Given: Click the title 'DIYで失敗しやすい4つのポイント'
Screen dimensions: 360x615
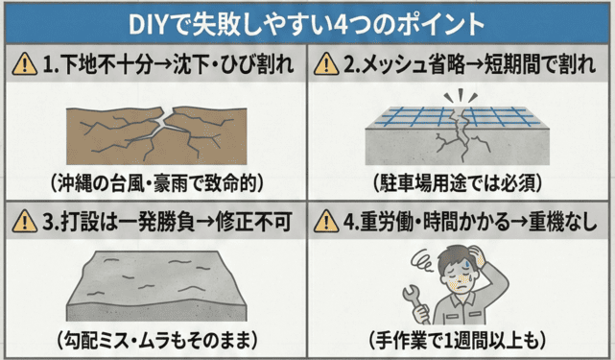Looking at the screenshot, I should click(307, 22).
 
